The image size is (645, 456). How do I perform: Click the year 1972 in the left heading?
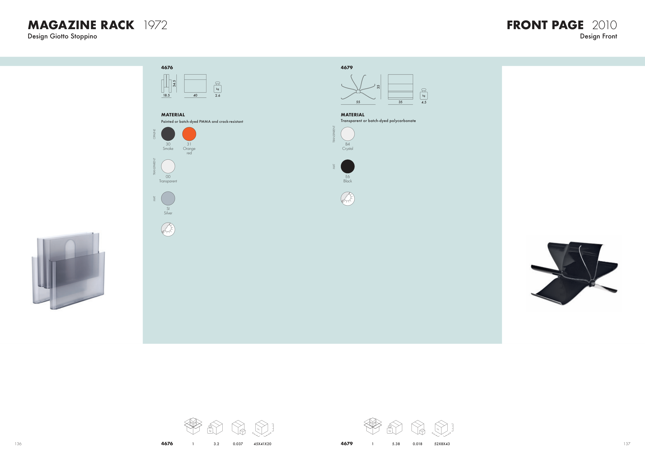(x=155, y=25)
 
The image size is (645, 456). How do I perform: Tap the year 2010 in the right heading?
(x=604, y=25)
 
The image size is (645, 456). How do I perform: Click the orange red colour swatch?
(x=189, y=134)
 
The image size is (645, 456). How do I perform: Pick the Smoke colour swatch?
(x=168, y=134)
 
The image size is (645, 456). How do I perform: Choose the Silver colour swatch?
(x=168, y=199)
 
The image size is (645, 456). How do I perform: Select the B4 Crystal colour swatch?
(x=348, y=134)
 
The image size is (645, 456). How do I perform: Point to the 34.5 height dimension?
(x=174, y=83)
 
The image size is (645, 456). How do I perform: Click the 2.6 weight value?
(x=218, y=96)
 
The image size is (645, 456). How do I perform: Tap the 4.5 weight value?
(x=424, y=102)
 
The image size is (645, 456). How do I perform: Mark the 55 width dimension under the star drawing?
(x=358, y=102)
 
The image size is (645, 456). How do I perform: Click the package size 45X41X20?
(x=262, y=444)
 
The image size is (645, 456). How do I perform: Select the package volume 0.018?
(x=417, y=444)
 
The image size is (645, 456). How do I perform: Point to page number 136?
(x=18, y=444)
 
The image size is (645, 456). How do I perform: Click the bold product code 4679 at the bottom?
(x=347, y=444)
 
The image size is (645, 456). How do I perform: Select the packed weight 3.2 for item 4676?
(x=216, y=444)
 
